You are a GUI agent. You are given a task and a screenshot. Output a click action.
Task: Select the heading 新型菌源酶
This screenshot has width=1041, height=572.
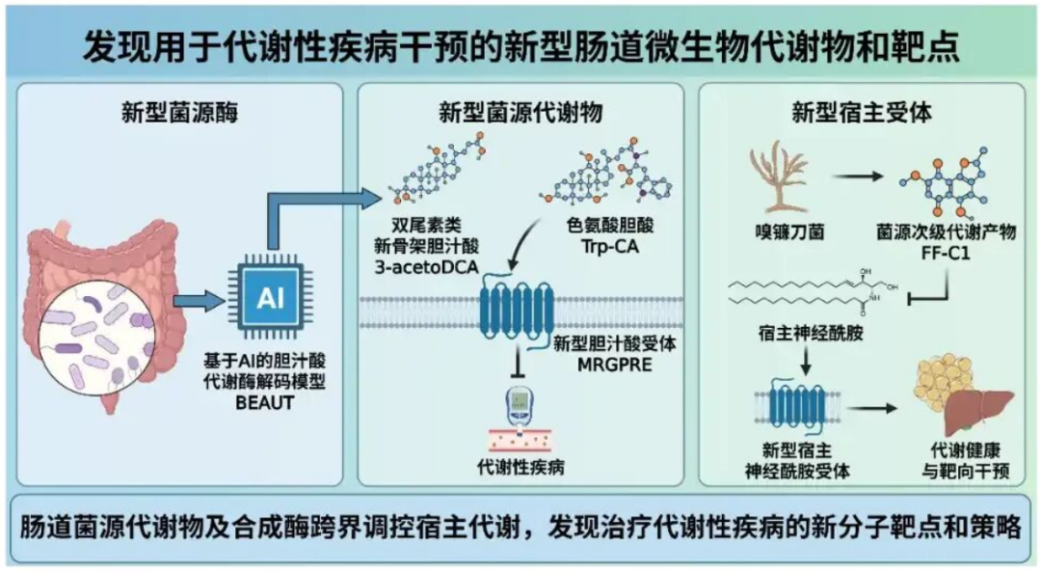[x=180, y=109]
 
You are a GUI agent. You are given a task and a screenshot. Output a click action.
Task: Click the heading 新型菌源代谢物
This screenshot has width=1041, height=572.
[x=520, y=110]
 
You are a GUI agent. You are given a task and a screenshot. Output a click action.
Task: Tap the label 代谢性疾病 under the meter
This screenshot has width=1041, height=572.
[x=520, y=468]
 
